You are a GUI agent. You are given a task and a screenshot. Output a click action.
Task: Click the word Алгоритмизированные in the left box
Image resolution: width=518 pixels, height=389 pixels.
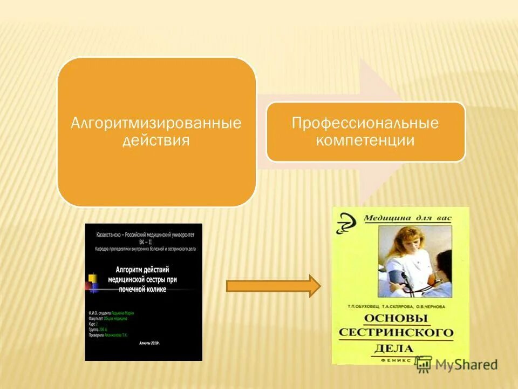156,123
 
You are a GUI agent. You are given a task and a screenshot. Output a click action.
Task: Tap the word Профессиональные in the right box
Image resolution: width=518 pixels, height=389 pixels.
365,123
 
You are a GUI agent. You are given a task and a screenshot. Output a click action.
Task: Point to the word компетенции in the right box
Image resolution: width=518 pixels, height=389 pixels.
365,140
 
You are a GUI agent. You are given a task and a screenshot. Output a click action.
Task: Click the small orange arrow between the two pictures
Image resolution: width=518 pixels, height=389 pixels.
272,286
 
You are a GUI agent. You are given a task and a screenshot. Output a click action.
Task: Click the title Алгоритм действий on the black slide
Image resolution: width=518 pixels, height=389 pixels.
143,270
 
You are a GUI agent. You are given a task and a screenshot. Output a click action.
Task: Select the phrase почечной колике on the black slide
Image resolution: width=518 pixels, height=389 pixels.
142,290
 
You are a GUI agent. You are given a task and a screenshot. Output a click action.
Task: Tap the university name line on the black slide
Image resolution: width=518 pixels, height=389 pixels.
144,236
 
